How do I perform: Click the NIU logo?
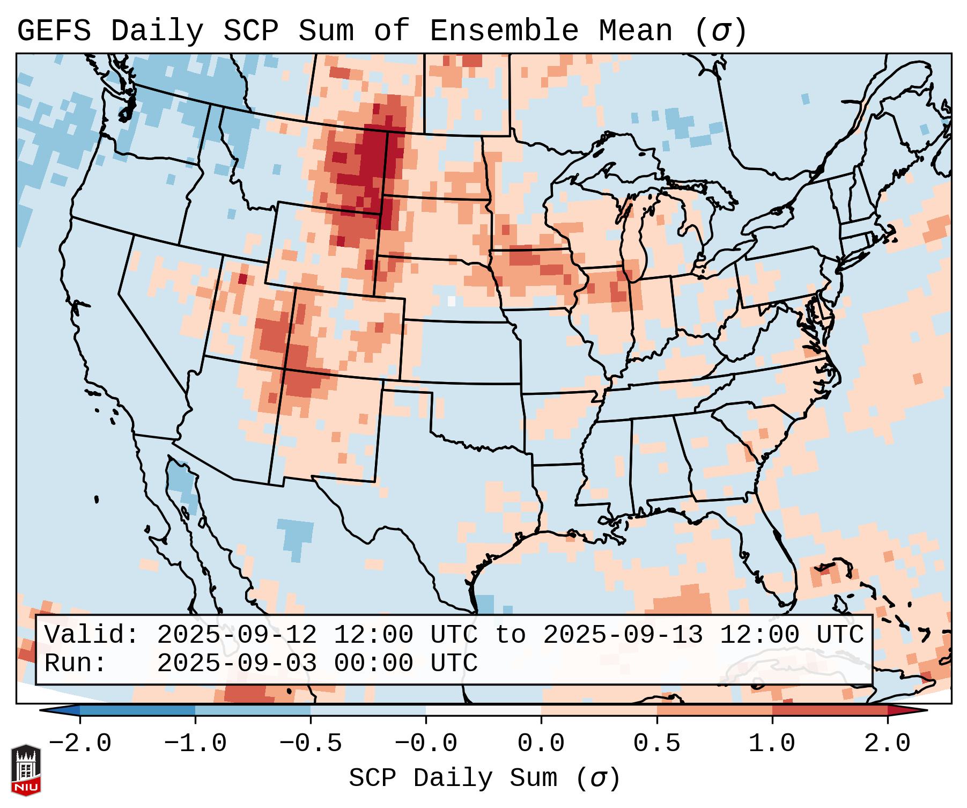click(x=26, y=770)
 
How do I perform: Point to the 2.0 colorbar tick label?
click(x=887, y=744)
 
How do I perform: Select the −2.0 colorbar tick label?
click(x=80, y=744)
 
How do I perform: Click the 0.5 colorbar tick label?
click(x=656, y=744)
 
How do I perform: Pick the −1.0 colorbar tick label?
click(x=195, y=744)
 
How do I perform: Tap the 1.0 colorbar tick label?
click(x=772, y=744)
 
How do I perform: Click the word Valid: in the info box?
click(x=92, y=635)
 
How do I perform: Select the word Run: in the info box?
click(x=76, y=663)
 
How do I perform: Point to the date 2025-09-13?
click(x=623, y=635)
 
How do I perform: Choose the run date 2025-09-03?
click(x=237, y=663)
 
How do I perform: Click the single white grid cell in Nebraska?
click(x=451, y=301)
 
